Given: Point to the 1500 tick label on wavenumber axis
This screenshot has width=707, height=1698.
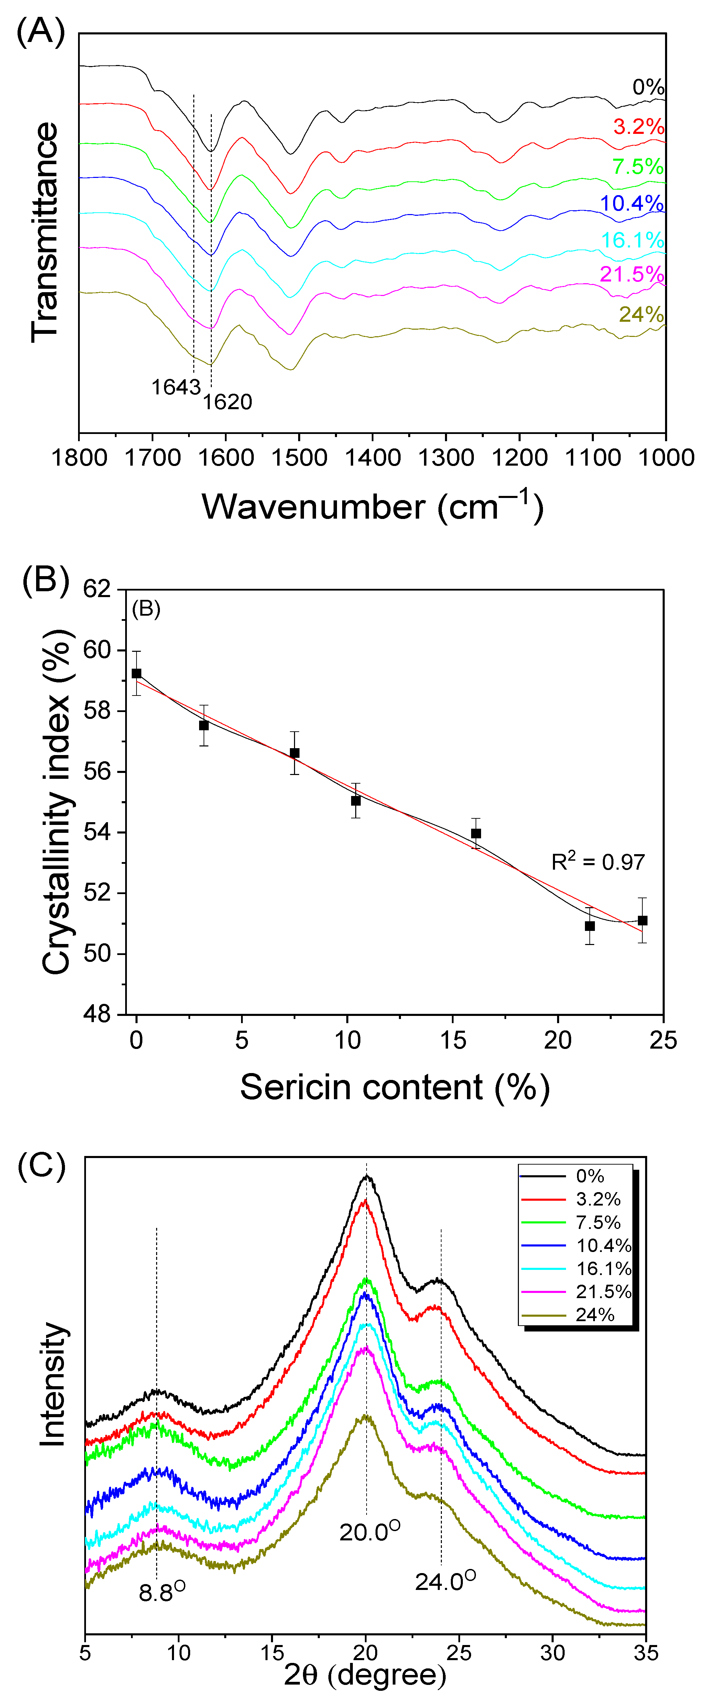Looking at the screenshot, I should (299, 457).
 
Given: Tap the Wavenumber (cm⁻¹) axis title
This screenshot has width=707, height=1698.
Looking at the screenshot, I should (372, 506).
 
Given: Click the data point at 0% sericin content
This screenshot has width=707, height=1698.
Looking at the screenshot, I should (137, 673).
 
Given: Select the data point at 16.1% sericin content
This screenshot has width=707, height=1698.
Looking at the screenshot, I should (476, 833).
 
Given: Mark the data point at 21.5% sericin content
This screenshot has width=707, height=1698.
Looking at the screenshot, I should (590, 926).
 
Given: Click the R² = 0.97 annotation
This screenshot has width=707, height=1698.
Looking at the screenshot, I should (598, 861).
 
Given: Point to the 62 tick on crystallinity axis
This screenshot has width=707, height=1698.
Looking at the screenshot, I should (97, 588).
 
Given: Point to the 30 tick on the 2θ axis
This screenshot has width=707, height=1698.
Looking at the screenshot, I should (552, 1653).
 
